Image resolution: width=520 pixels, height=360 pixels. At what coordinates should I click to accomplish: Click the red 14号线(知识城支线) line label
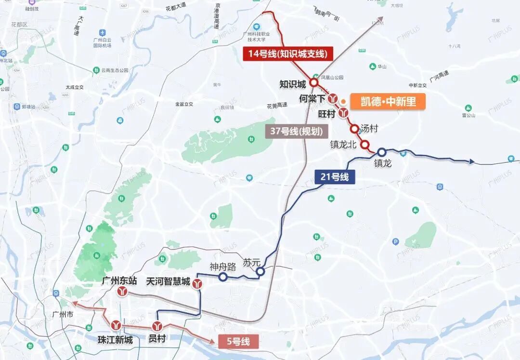coord(288,53)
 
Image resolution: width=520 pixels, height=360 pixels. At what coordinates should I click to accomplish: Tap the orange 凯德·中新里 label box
coord(388,102)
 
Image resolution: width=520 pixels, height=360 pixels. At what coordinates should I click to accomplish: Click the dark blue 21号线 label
coord(334,177)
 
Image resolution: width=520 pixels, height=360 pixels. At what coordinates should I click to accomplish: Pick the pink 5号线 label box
coord(238,342)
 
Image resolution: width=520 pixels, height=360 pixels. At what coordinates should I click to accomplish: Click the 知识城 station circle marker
coord(314,83)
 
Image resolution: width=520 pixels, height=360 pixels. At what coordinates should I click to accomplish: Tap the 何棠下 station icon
coord(332,98)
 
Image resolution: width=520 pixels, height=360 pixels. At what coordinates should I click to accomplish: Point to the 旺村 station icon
coord(343,113)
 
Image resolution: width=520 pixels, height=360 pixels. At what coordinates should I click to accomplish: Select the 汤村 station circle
coord(355,129)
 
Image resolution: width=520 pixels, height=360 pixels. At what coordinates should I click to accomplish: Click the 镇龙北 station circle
coord(365,144)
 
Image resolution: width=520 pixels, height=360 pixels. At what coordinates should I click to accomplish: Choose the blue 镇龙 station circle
coord(381,152)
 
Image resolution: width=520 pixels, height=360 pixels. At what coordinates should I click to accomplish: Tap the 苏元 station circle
coord(260,272)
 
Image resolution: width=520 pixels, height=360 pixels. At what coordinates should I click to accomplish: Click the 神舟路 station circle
coord(223,277)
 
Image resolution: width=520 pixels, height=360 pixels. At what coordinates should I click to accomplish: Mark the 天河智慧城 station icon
coord(197,285)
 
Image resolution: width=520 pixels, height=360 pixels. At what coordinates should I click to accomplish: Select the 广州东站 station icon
coord(124,291)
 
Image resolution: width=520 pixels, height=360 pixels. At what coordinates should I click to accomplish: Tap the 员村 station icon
coord(157,326)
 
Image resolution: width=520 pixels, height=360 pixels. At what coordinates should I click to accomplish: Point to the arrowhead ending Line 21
coord(472,161)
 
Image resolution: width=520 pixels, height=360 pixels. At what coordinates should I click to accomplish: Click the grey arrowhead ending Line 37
coord(380,20)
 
